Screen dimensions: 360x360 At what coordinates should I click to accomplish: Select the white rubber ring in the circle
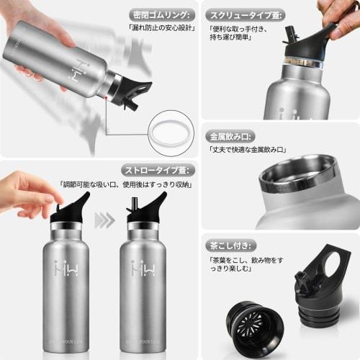[171, 132]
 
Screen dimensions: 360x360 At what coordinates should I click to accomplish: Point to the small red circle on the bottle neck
[108, 94]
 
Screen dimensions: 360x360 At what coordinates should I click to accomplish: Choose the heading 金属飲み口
[230, 135]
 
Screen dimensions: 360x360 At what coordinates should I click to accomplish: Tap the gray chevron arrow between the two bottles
[104, 220]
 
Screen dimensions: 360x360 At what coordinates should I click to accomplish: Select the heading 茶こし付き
[229, 243]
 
